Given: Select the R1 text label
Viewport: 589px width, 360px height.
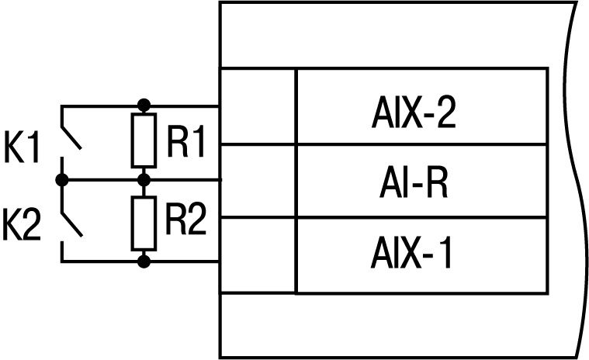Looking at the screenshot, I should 185,142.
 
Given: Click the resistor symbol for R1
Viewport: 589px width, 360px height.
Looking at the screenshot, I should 143,140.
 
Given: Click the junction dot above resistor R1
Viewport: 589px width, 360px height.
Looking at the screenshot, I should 143,104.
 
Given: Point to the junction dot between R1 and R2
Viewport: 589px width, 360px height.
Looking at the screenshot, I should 143,180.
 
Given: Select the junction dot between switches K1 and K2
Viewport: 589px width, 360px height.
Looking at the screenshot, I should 62,180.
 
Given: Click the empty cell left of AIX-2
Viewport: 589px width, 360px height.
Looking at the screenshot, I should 258,106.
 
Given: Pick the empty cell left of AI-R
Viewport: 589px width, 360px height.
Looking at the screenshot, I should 258,181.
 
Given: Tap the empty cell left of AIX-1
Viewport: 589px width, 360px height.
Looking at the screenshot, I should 258,255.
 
